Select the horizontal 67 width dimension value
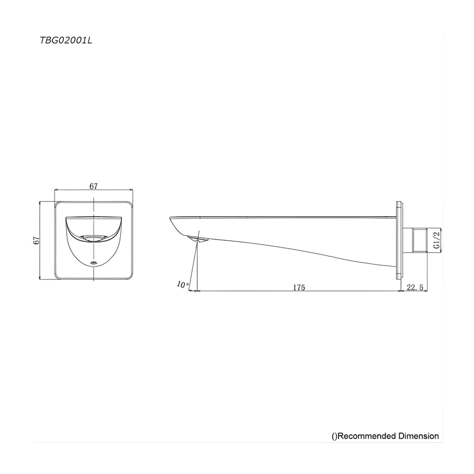(x=93, y=186)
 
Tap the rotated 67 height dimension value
(x=36, y=240)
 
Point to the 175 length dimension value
(x=299, y=287)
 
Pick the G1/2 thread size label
(x=437, y=240)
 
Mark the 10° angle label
(x=182, y=285)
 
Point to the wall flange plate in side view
(x=398, y=240)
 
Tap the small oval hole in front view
(x=93, y=263)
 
